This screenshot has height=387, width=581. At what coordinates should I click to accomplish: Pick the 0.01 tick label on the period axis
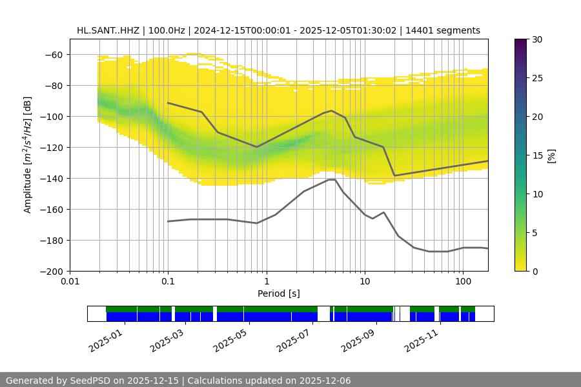(70, 282)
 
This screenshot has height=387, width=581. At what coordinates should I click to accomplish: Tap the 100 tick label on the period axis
(462, 282)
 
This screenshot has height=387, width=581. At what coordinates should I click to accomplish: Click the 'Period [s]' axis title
(278, 293)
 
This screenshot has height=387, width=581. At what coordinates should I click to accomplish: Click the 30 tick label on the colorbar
(535, 39)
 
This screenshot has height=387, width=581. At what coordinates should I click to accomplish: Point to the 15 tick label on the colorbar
(535, 155)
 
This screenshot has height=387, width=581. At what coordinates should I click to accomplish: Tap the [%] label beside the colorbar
(551, 155)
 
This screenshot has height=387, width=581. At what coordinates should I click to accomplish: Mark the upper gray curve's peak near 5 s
(332, 111)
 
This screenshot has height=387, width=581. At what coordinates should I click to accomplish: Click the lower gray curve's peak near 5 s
(332, 179)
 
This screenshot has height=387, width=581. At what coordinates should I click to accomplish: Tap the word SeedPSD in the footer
(92, 381)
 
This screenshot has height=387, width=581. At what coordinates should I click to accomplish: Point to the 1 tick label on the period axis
(266, 282)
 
